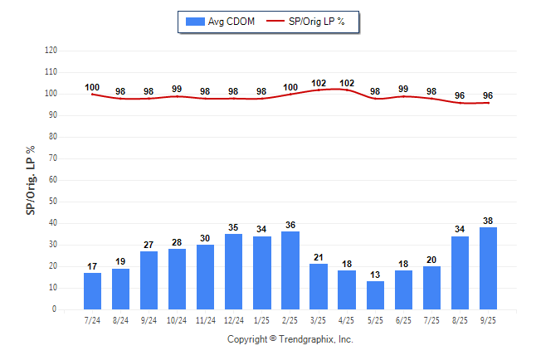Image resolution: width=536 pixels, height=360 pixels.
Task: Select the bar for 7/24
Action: [x=92, y=291]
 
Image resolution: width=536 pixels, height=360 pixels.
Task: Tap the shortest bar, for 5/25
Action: [x=375, y=295]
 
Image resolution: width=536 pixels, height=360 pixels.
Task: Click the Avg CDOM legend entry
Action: [x=220, y=21]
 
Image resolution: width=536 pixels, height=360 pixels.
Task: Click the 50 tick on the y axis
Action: [x=53, y=202]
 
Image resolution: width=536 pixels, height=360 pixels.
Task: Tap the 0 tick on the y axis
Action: [x=55, y=309]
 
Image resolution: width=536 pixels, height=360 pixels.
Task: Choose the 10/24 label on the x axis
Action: [x=177, y=320]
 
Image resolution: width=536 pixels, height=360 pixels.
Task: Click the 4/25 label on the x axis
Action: [x=347, y=320]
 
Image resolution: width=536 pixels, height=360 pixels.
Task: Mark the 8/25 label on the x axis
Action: [x=460, y=320]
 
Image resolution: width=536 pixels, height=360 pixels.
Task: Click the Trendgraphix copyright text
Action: [x=290, y=339]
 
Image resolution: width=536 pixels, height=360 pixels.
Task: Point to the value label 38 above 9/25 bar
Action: [x=488, y=221]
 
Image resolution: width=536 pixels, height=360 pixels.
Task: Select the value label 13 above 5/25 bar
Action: [x=375, y=275]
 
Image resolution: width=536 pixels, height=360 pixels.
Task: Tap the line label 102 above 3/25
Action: [x=319, y=83]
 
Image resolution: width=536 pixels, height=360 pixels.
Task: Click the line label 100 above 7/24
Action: [x=92, y=87]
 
